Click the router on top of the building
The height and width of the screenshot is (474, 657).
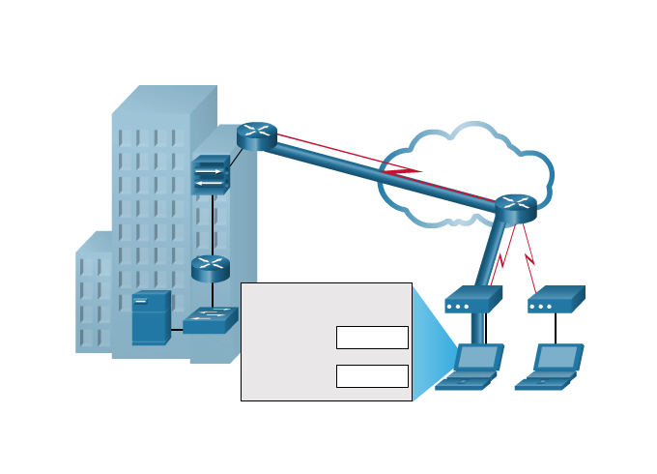[257, 135]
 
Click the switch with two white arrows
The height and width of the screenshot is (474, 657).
[210, 176]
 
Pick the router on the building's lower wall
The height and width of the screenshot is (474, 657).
[210, 268]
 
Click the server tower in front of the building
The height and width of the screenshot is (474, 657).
[151, 317]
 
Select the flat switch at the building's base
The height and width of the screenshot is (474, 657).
[211, 319]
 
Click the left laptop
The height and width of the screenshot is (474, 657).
[471, 366]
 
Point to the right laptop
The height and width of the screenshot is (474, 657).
[551, 366]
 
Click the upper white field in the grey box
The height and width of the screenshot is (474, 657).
[372, 338]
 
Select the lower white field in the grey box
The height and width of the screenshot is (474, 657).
[372, 376]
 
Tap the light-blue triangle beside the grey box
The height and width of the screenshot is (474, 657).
[430, 343]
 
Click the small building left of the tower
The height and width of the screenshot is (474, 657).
[94, 295]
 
